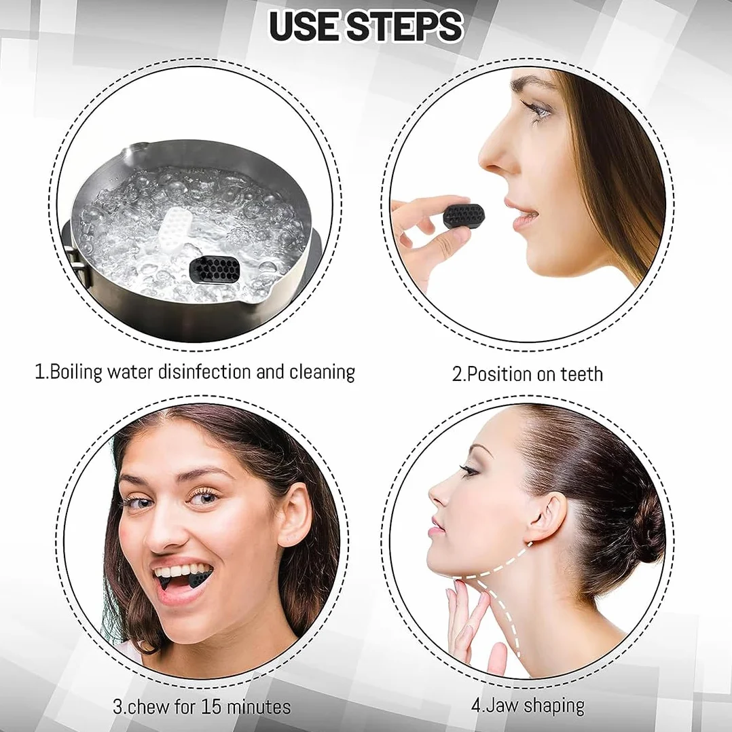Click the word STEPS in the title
(405, 26)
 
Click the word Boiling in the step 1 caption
(75, 373)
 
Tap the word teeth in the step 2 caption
(581, 374)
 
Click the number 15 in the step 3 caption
(211, 706)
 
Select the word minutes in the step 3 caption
(258, 706)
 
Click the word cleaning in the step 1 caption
(322, 373)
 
